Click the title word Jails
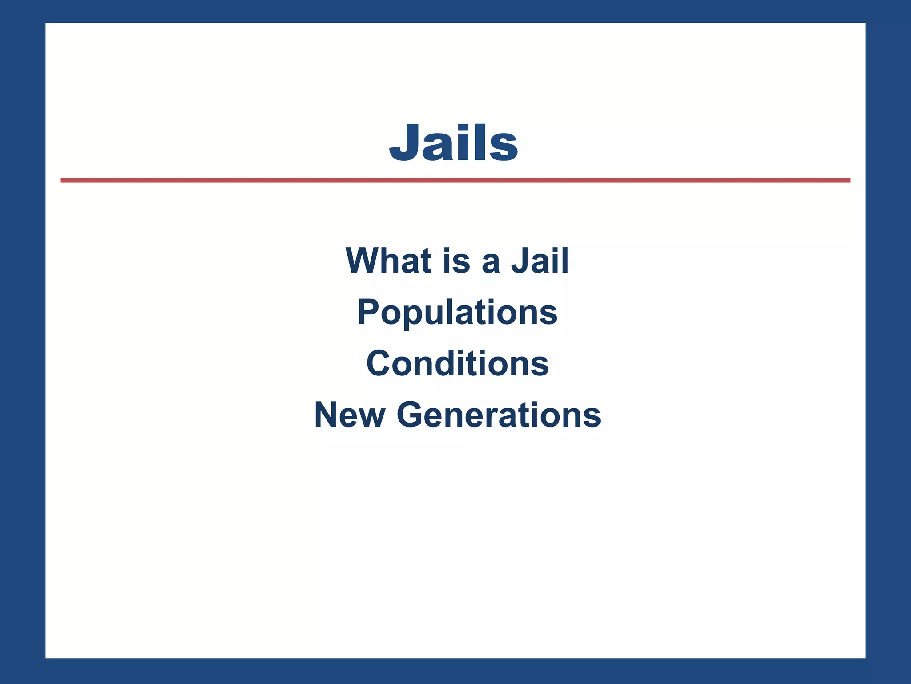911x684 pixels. point(453,142)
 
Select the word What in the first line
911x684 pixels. point(389,261)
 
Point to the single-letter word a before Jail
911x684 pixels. point(491,263)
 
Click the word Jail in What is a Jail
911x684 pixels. point(540,261)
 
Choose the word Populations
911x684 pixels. point(457,313)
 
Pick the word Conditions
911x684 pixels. point(457,363)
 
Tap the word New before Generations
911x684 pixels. point(350,415)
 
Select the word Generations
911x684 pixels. point(499,415)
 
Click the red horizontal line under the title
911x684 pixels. point(455,180)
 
